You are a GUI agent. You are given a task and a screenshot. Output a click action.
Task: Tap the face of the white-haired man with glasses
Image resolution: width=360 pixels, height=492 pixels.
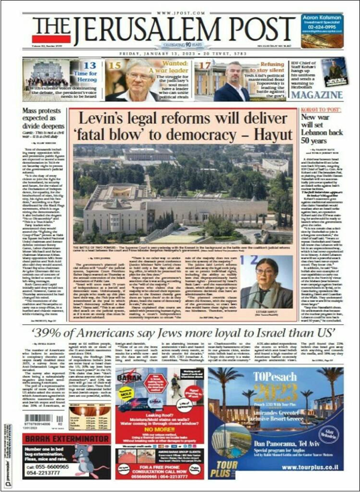136,75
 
